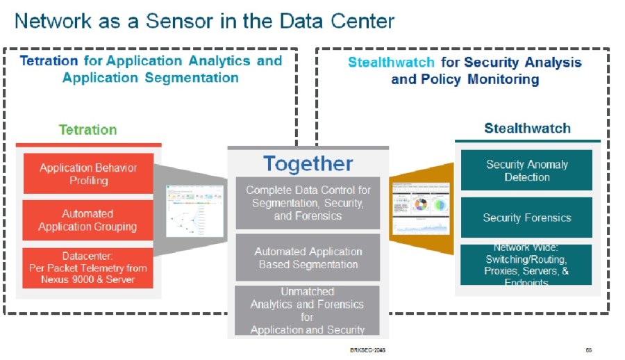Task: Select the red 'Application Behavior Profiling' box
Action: tap(88, 174)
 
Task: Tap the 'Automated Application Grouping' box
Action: tap(88, 220)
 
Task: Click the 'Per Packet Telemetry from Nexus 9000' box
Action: tap(88, 268)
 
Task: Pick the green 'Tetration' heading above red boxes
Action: tap(87, 130)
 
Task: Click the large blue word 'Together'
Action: tap(308, 164)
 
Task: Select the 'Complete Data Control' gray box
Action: tap(308, 203)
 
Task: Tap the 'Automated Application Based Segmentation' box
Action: tap(308, 258)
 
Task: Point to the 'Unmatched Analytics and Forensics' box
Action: tap(308, 310)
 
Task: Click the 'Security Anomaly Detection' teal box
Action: tap(527, 171)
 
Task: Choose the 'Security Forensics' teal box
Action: tap(527, 218)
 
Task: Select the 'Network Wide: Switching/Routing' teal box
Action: tap(527, 265)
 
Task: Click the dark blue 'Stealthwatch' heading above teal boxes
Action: tap(527, 129)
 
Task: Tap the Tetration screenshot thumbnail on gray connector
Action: tap(185, 211)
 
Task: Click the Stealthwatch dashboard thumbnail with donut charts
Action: tap(420, 207)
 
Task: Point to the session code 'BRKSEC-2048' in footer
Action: tap(367, 350)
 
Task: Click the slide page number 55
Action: tap(588, 350)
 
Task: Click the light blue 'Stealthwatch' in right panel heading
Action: tap(392, 63)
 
